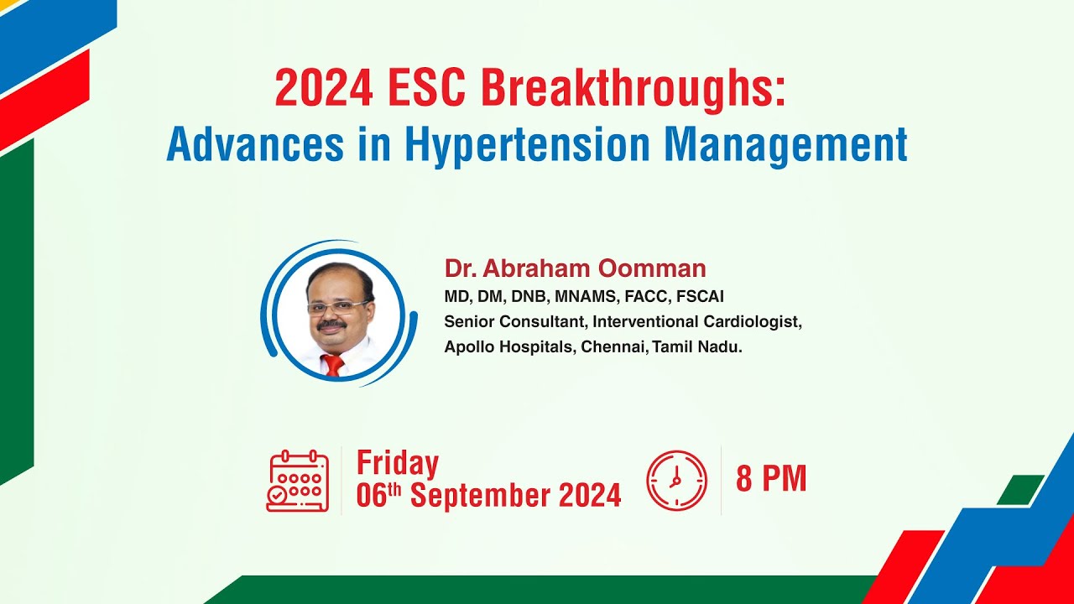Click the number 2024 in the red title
324,88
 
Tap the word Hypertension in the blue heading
527,144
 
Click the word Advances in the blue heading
255,144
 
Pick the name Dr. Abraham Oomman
575,268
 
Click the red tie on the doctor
333,364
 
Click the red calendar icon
297,482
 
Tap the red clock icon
676,481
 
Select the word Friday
398,463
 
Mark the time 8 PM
771,478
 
